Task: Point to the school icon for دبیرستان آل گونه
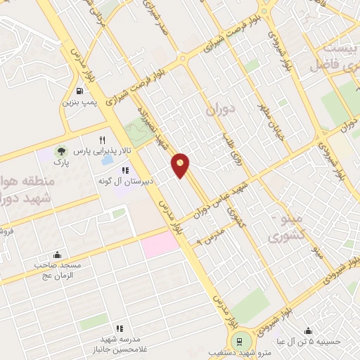point(125,170)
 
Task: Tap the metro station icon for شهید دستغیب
point(240,340)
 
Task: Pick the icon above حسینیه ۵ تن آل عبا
point(308,331)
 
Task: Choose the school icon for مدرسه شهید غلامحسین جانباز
point(120,328)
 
